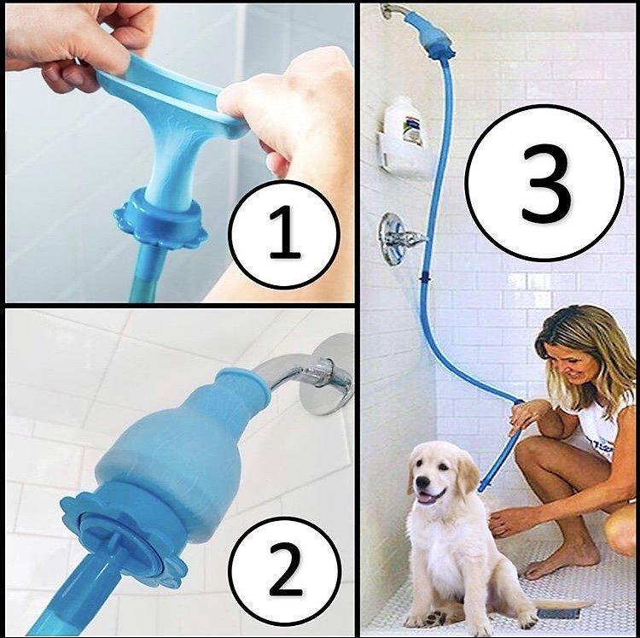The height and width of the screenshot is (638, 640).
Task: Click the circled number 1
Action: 284,234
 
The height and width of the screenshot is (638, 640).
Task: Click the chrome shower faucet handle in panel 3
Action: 399,237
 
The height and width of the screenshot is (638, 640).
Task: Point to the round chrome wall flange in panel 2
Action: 335,376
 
